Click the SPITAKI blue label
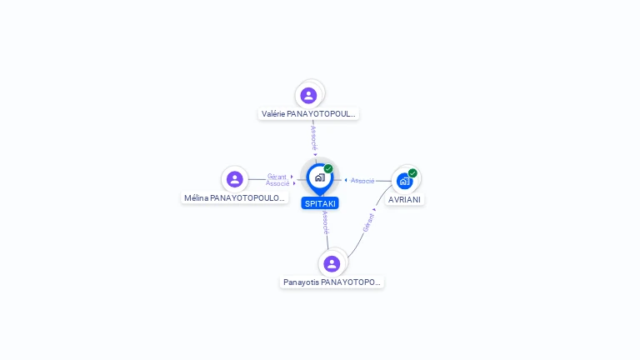coord(320,203)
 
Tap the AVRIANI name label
coord(404,200)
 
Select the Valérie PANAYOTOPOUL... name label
coord(308,114)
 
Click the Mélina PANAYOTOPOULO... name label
coord(235,198)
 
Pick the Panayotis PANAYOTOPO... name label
coord(332,282)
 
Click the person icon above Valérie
coord(308,96)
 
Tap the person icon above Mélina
coord(235,179)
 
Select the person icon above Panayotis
coord(332,263)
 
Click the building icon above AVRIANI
coord(404,181)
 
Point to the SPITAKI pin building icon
coord(320,177)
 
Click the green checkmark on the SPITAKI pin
coord(328,168)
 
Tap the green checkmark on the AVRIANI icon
coord(412,173)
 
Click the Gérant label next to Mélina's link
coord(277,177)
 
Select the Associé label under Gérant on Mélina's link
coord(277,183)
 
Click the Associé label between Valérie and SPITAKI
coord(313,138)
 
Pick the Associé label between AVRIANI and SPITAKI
coord(362,180)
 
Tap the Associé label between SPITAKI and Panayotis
coord(325,222)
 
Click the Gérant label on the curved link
coord(368,222)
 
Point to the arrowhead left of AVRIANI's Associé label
coord(346,180)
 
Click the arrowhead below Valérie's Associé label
coord(315,154)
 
